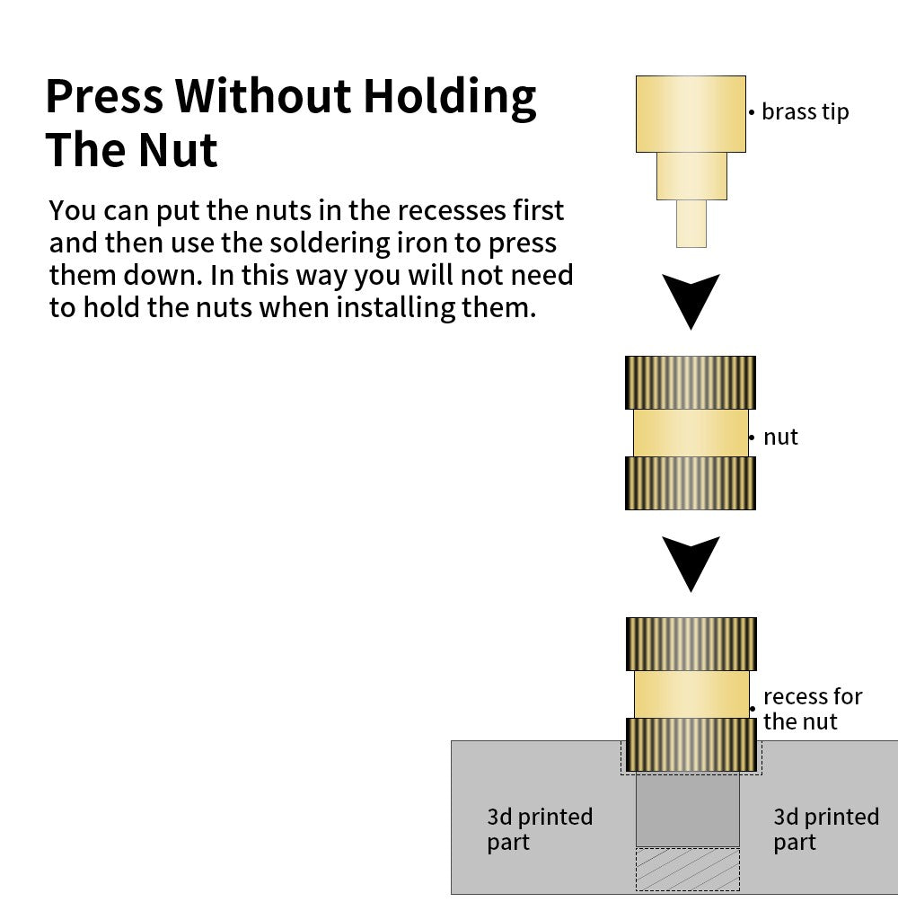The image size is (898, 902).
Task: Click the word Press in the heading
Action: pyautogui.click(x=103, y=96)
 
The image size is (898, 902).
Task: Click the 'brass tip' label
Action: pyautogui.click(x=804, y=112)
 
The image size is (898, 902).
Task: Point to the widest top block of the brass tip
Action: pyautogui.click(x=691, y=113)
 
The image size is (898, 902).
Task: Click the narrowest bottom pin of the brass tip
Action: pyautogui.click(x=691, y=223)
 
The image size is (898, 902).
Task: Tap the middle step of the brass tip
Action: pyautogui.click(x=691, y=175)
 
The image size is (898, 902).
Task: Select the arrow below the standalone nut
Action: pyautogui.click(x=691, y=562)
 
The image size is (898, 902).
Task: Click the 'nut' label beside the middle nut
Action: pyautogui.click(x=780, y=438)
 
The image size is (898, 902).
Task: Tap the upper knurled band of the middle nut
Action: pyautogui.click(x=691, y=382)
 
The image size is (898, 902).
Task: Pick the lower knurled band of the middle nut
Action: pyautogui.click(x=691, y=483)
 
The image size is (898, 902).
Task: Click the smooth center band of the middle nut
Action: pyautogui.click(x=691, y=433)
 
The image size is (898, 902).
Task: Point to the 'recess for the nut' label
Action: pyautogui.click(x=812, y=709)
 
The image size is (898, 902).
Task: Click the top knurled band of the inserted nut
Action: pyautogui.click(x=691, y=643)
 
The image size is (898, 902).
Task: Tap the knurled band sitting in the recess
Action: pyautogui.click(x=691, y=744)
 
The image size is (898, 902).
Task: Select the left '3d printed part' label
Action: pyautogui.click(x=540, y=829)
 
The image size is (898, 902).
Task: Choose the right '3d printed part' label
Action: pyautogui.click(x=826, y=829)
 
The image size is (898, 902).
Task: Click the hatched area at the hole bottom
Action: pyautogui.click(x=687, y=869)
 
